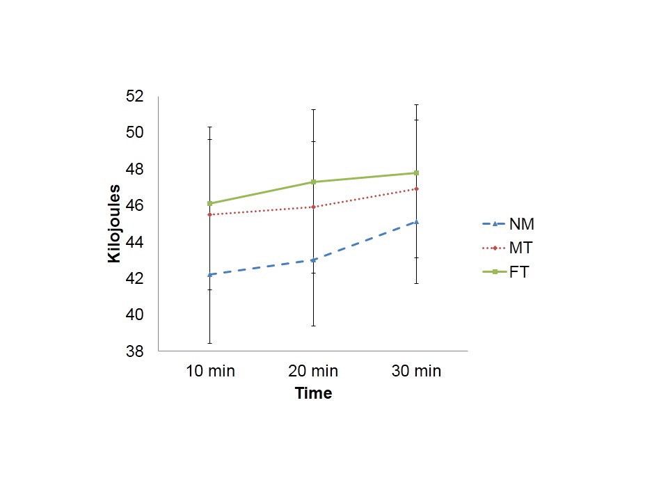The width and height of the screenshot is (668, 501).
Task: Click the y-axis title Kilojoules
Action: [114, 223]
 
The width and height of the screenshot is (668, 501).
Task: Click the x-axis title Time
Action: [313, 393]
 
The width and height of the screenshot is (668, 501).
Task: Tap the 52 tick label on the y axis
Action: [134, 97]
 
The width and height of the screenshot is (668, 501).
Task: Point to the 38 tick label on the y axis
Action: [134, 351]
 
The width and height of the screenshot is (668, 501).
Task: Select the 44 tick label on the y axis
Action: [134, 242]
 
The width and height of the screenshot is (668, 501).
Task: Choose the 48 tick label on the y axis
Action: [134, 169]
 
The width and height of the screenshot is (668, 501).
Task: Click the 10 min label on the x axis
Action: [210, 371]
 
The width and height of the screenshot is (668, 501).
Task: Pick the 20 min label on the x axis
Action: [313, 371]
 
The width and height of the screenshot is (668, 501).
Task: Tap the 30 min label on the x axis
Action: [416, 371]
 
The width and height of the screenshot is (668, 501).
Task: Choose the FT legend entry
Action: [519, 272]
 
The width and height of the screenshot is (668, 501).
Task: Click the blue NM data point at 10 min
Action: [210, 274]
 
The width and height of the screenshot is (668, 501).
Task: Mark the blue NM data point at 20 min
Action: [313, 260]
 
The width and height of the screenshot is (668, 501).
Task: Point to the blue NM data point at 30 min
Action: [416, 222]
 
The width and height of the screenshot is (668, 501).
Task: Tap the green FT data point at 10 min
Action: [210, 203]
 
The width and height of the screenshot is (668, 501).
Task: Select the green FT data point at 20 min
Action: [313, 182]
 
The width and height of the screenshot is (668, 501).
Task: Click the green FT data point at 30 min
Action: [416, 173]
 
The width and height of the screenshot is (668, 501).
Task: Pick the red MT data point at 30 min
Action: [416, 189]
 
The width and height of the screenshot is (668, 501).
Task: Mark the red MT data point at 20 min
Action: [313, 207]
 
